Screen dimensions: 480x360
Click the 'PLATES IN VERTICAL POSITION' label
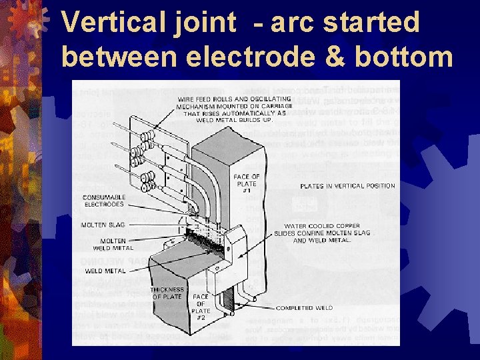347,186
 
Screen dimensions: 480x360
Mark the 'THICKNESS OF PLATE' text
167,293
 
